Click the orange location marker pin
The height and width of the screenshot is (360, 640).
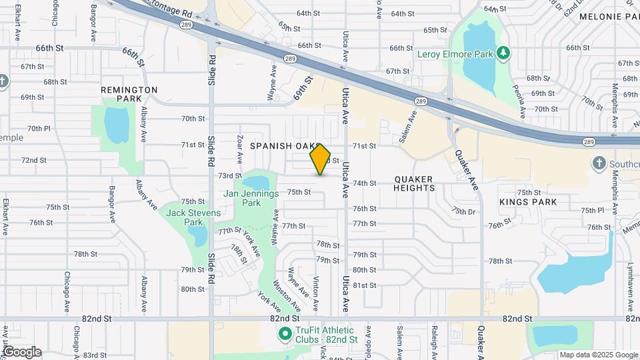coord(321,159)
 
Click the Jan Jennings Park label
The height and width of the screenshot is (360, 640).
coord(251,198)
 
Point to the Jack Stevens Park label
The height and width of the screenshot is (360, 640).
coord(185,217)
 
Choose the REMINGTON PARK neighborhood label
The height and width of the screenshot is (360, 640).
coord(129,94)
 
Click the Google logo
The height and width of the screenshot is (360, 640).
coord(21,352)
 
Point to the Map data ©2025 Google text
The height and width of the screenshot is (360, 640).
coord(598,355)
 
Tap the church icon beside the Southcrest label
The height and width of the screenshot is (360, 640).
coord(599,163)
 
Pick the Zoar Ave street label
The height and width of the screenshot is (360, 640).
coord(239,148)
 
